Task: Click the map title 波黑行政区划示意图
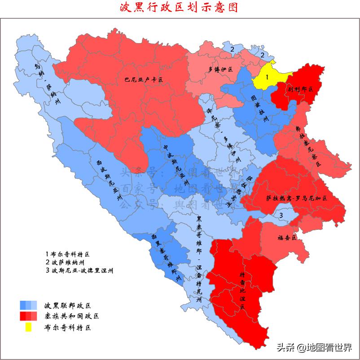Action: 180,8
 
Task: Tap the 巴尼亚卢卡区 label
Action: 144,79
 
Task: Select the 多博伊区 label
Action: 220,70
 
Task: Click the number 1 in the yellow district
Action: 266,77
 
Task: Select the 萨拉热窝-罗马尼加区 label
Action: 297,198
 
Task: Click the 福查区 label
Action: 287,237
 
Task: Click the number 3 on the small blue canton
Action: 281,216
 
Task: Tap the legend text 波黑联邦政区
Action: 67,305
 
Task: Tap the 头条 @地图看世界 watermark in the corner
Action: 314,347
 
